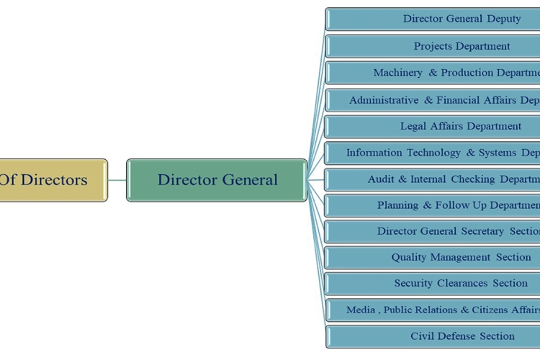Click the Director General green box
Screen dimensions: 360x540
(217, 180)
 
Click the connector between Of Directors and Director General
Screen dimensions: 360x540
(117, 180)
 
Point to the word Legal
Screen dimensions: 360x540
(413, 126)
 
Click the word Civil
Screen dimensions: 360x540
(423, 336)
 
